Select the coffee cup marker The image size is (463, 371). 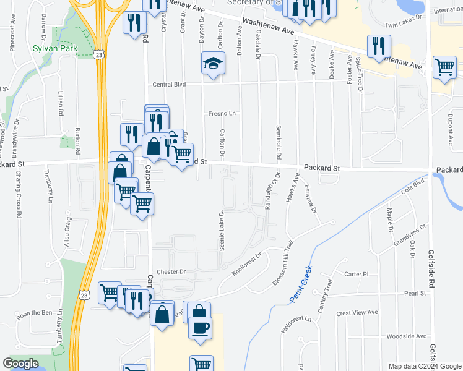tap(199, 327)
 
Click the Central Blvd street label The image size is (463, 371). tap(170, 85)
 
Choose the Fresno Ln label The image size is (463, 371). tap(224, 114)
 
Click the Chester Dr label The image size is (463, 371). tap(171, 271)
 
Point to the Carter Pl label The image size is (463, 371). tap(357, 274)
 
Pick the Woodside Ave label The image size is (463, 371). tap(406, 336)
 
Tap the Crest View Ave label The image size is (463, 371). tap(357, 313)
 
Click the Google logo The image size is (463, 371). tap(20, 364)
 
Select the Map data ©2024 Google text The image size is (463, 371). tap(425, 366)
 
